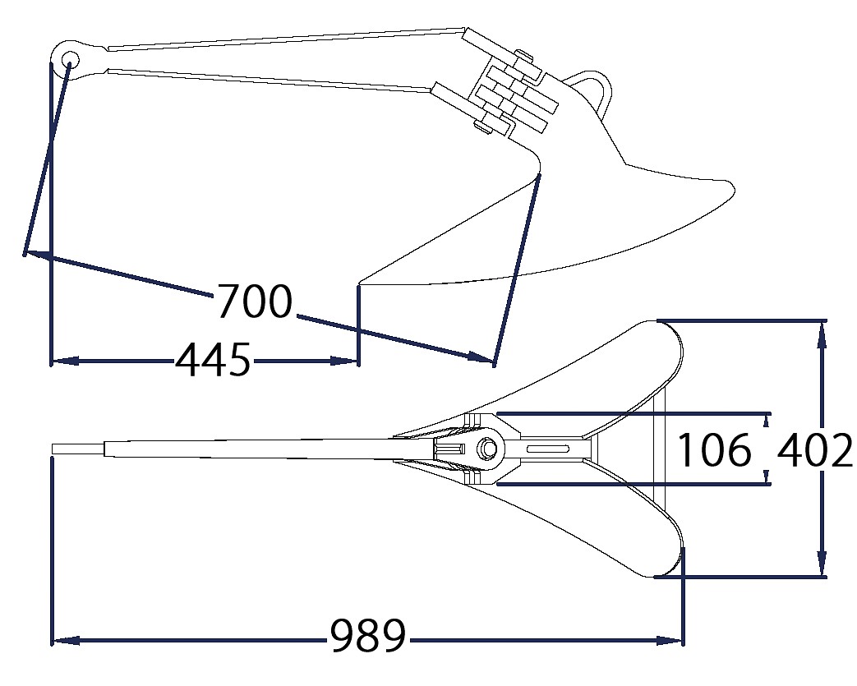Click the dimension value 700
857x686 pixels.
(x=256, y=302)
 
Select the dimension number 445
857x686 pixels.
(x=213, y=360)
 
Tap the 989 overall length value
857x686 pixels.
(x=369, y=636)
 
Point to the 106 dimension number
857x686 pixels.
(x=714, y=449)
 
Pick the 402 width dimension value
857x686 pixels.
(x=814, y=449)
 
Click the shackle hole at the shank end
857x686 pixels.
(x=70, y=58)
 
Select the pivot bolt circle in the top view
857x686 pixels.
(x=486, y=449)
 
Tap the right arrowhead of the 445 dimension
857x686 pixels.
(x=344, y=361)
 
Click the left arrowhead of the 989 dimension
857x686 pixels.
(x=66, y=640)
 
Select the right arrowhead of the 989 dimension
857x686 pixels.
(x=670, y=640)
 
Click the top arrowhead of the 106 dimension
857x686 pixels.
(x=767, y=420)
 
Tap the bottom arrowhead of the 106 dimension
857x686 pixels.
(x=767, y=477)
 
